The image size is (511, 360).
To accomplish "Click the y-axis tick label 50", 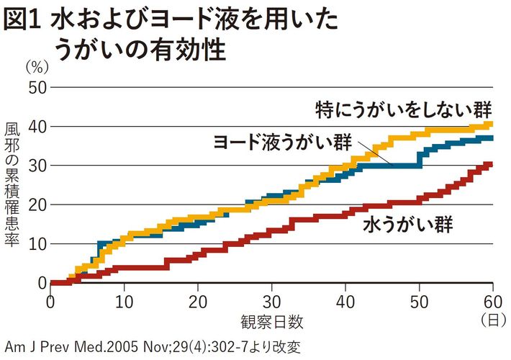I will tap(37, 88).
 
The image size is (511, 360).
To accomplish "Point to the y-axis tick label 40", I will tap(37, 127).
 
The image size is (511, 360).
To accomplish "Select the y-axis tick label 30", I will tap(37, 166).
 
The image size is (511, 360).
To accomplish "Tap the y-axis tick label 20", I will tap(37, 204).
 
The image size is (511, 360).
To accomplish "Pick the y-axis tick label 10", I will tap(37, 243).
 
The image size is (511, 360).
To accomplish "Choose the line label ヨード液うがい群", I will tap(284, 141).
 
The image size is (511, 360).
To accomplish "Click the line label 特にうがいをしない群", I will tap(404, 109).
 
